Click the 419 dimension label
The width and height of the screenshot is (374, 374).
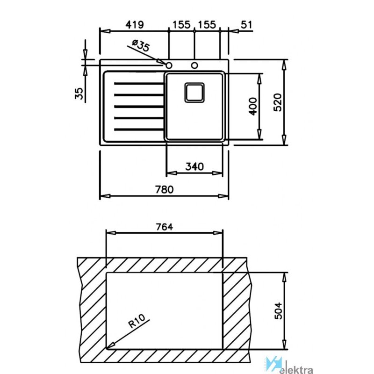(135, 25)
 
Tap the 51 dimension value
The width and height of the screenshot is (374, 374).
(246, 25)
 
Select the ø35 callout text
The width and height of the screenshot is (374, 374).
(141, 45)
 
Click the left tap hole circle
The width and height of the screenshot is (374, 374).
(169, 65)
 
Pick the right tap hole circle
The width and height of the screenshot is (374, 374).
(194, 65)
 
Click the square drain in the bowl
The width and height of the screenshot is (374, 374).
(194, 93)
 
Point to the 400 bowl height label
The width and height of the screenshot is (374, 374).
(253, 107)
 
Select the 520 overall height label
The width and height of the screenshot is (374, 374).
(278, 102)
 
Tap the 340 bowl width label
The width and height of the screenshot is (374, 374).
(194, 166)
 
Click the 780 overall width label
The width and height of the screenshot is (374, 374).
(165, 190)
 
